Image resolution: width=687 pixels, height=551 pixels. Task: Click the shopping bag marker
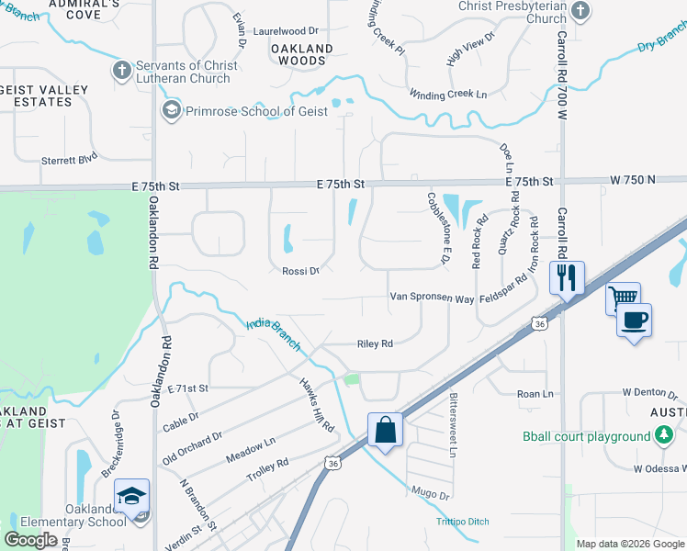pos(385,429)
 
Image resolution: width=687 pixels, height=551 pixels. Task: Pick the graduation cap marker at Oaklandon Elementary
pos(131,497)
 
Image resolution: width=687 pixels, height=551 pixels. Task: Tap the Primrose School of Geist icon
pos(170,111)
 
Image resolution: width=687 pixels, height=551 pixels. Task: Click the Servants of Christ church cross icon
pos(122,71)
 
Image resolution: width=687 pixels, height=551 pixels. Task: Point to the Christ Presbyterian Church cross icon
pos(580,11)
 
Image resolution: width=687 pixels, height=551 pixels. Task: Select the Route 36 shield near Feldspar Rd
pos(539,323)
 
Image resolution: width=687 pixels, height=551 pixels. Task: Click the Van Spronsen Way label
pos(432,298)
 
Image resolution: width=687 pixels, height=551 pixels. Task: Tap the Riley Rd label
pos(375,343)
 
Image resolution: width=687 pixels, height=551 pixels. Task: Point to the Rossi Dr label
pos(300,271)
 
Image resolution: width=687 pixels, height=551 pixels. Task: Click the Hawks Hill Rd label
pos(316,405)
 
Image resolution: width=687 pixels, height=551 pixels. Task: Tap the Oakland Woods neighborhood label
pos(302,54)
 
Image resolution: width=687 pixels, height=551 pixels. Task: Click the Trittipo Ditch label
pos(462,522)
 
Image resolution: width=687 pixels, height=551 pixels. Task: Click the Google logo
pos(31,540)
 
